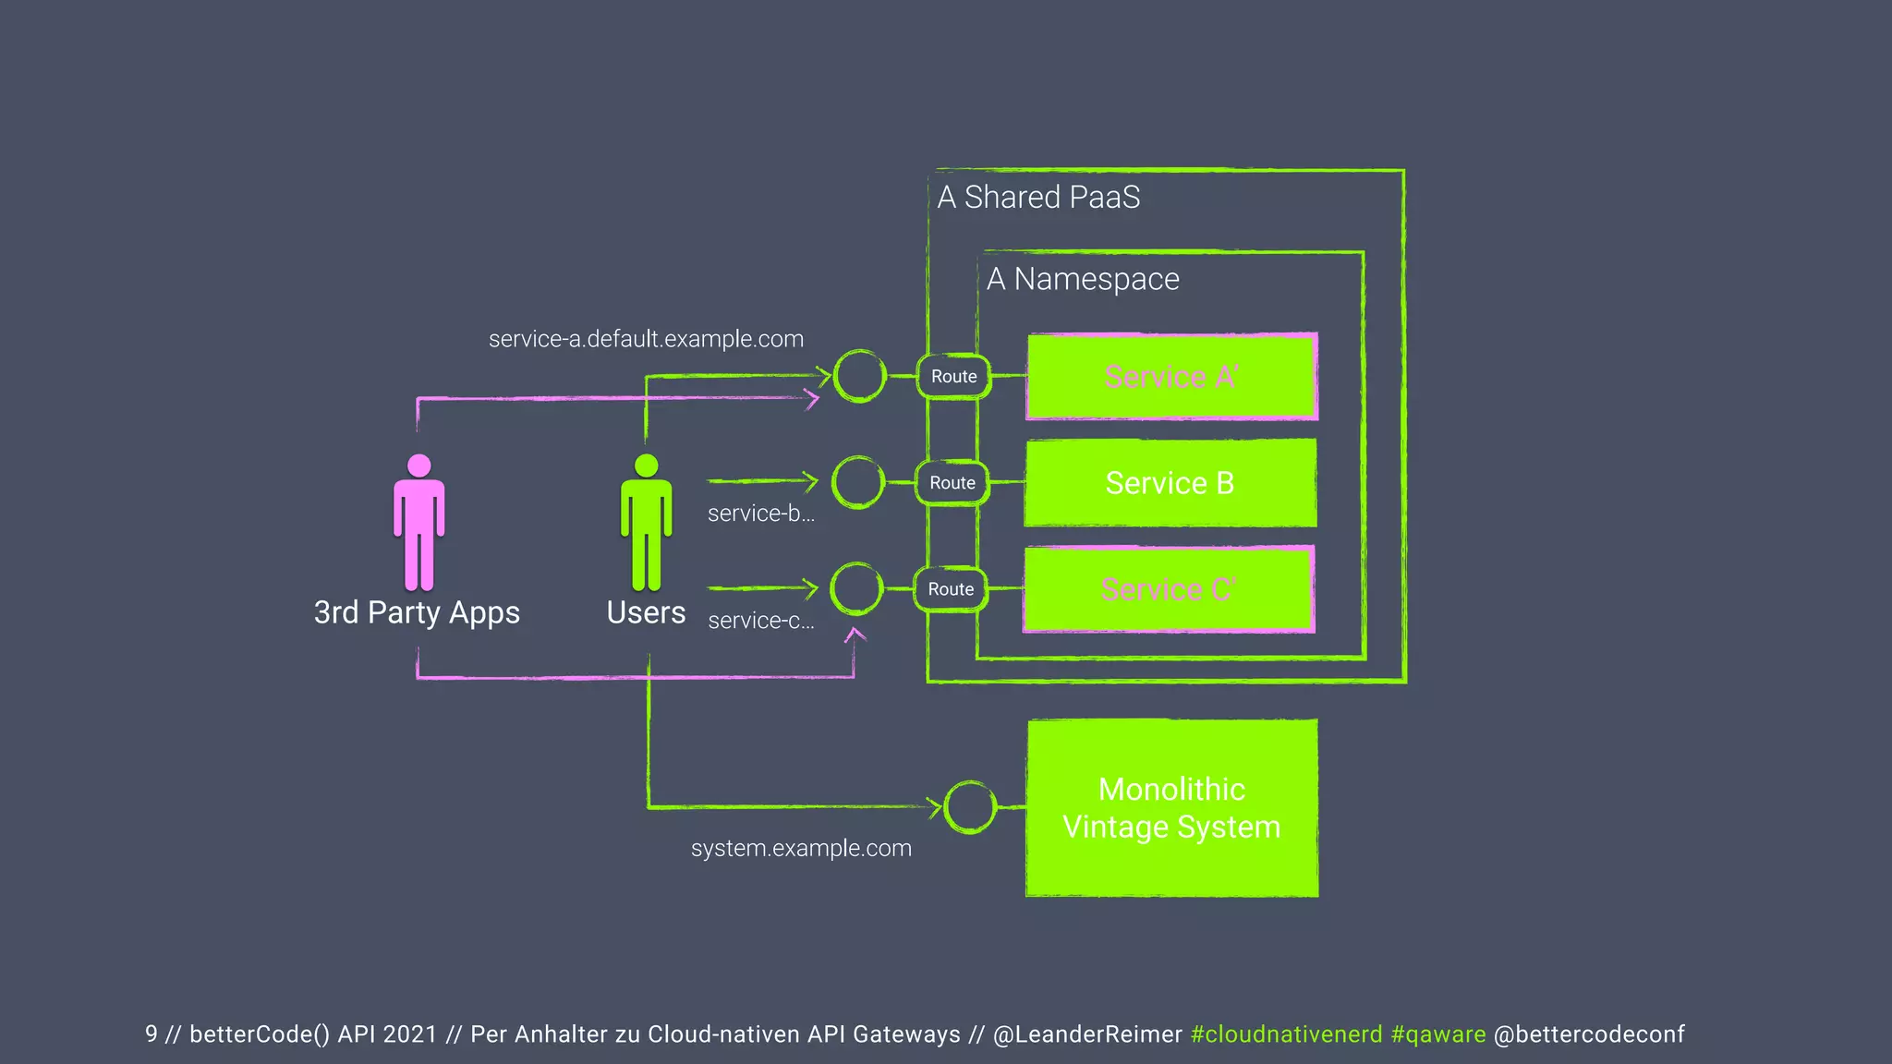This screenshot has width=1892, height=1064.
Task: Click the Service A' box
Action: (1171, 377)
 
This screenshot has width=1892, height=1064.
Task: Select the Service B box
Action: (1170, 483)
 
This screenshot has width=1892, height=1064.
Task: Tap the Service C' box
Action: (1169, 589)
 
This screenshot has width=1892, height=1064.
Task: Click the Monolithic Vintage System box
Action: (1171, 808)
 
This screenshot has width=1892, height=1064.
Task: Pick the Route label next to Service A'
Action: (954, 377)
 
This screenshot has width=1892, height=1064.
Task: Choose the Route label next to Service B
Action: (952, 483)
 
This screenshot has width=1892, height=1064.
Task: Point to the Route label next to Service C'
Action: (951, 589)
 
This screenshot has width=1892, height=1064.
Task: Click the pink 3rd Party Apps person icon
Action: (419, 522)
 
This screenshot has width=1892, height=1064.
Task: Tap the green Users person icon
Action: (647, 522)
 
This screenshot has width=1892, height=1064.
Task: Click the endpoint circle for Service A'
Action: (860, 376)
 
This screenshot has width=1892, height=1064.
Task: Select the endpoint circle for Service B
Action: (858, 482)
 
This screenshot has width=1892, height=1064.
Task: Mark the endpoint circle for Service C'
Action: (856, 588)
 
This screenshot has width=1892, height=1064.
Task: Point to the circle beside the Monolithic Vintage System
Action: (970, 806)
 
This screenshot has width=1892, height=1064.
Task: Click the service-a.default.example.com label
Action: (646, 339)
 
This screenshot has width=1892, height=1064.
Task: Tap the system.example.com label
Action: (801, 848)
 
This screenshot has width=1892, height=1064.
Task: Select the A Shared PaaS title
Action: (1038, 197)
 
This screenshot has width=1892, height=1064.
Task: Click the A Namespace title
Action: (1083, 279)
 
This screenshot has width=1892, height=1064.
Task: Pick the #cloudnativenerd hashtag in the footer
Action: (1286, 1034)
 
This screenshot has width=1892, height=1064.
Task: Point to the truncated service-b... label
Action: (761, 514)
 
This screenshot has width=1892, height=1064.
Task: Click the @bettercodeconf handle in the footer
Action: (1589, 1034)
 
